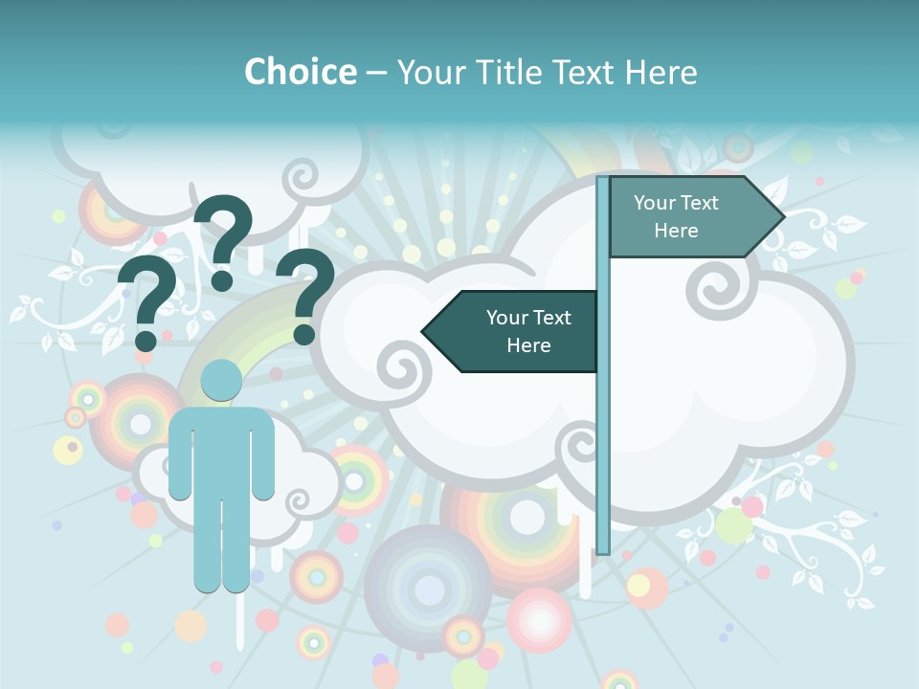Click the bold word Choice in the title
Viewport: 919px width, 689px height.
[x=300, y=72]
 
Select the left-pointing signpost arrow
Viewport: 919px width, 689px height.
[x=517, y=331]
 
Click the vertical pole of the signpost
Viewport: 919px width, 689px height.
[x=603, y=431]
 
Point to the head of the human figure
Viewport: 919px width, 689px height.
[x=221, y=380]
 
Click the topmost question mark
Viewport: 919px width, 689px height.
[x=224, y=239]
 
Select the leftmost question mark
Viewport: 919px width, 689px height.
[x=146, y=301]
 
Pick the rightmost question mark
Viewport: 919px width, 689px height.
[x=305, y=294]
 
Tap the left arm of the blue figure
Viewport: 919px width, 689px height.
[x=180, y=459]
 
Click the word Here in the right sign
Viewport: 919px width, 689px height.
[x=676, y=231]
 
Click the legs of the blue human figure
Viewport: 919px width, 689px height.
[x=221, y=545]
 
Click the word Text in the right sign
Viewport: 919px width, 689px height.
[x=700, y=203]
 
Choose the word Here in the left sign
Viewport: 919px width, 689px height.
[x=528, y=345]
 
